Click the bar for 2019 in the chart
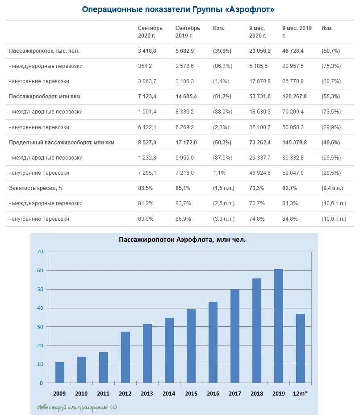(278, 326)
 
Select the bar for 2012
(126, 357)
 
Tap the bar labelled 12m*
(301, 348)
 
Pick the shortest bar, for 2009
(60, 372)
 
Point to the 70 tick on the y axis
(40, 252)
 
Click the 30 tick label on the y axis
(40, 327)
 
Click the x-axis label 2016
(213, 393)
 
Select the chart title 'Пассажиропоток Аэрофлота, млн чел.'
(182, 240)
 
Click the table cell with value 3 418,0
(147, 51)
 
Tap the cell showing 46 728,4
(293, 51)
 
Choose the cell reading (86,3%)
(222, 66)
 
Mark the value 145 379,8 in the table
(294, 142)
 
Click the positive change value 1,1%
(219, 173)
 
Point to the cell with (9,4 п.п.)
(332, 188)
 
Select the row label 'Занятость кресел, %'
(36, 188)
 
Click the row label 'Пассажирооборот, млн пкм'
(44, 97)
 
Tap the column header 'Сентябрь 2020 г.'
(150, 32)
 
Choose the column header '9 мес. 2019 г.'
(297, 32)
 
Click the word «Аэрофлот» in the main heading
(251, 9)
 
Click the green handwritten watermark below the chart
(77, 407)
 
